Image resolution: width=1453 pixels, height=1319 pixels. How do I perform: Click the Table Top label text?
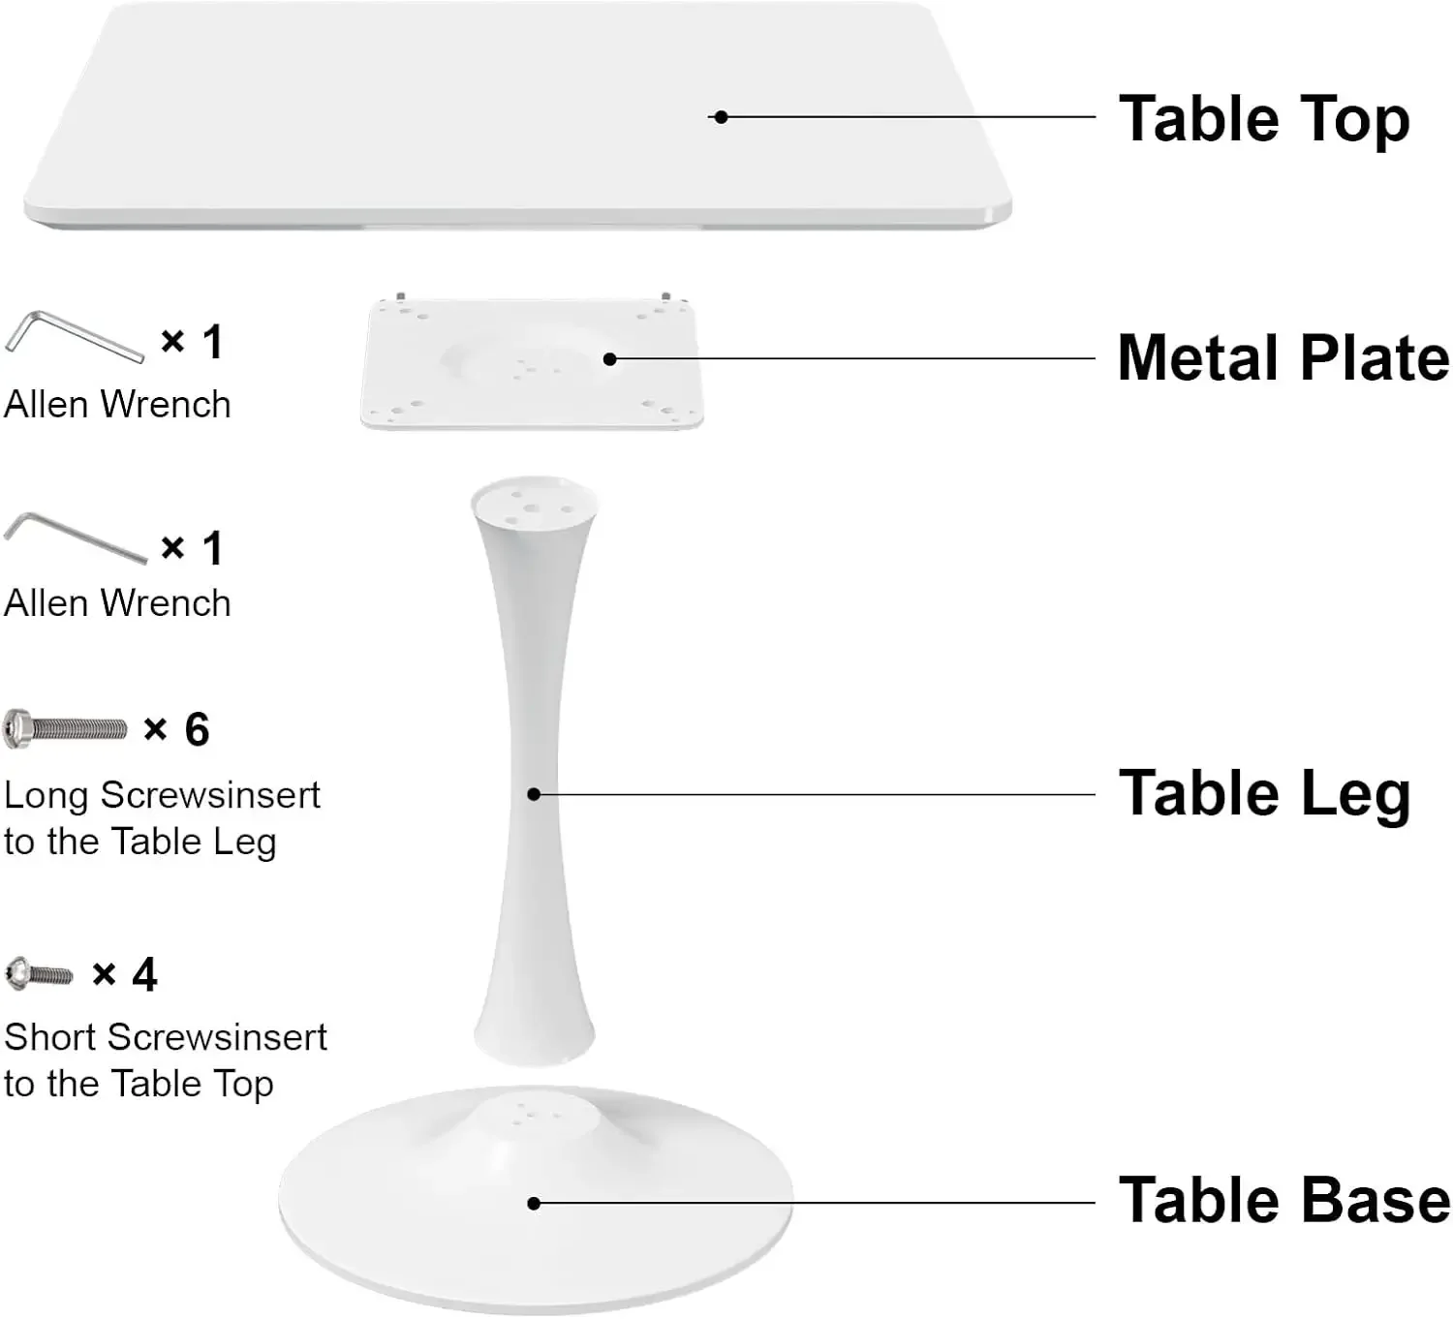[1263, 119]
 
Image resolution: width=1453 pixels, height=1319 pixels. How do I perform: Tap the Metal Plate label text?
[1283, 358]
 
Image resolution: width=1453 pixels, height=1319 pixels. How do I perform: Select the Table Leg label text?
[1263, 794]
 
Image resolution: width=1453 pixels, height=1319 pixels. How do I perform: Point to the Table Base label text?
[1283, 1201]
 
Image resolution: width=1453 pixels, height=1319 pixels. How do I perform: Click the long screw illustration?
[66, 728]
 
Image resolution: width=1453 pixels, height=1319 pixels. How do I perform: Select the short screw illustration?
[39, 974]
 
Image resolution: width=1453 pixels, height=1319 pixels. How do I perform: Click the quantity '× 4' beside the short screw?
[125, 974]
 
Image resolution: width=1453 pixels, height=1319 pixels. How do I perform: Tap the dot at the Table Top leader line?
[721, 117]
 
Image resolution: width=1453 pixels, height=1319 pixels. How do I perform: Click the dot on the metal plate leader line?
[609, 359]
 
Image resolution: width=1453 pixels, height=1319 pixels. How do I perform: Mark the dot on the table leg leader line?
[534, 794]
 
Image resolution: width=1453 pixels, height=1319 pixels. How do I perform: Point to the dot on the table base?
[534, 1203]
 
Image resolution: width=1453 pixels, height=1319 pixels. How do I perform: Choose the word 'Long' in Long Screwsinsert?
[46, 796]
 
